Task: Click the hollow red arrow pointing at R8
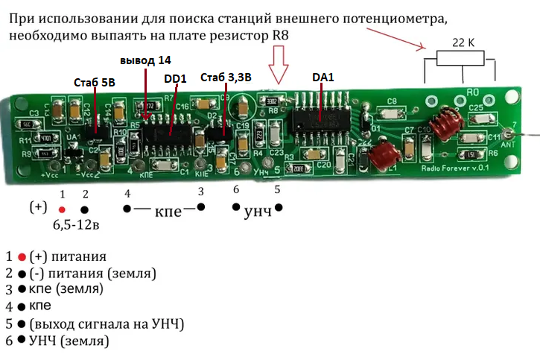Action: (x=280, y=64)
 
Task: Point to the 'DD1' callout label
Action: (x=175, y=78)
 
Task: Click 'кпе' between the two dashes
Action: (x=168, y=212)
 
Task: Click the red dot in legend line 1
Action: (x=22, y=256)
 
